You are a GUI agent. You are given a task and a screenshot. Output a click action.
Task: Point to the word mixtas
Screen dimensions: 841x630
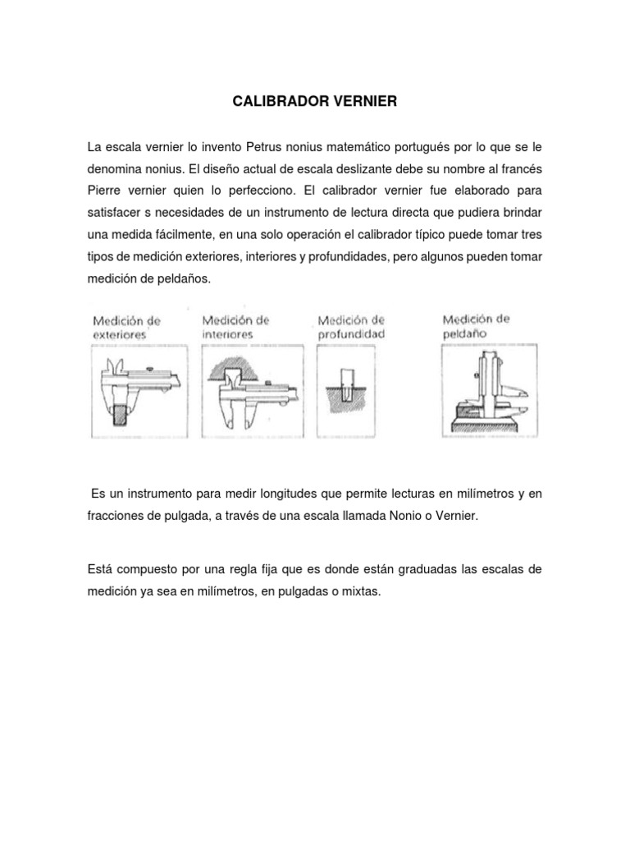pos(361,590)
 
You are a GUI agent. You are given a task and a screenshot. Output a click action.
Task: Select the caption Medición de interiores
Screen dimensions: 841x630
pos(236,327)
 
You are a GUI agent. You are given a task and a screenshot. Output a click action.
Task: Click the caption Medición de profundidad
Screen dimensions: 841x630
pos(350,327)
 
